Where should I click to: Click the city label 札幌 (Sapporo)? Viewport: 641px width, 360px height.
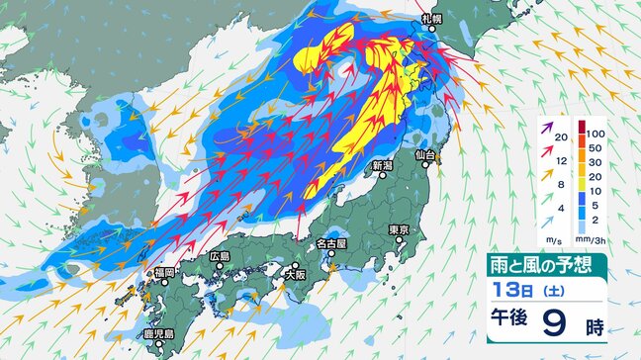(x=430, y=19)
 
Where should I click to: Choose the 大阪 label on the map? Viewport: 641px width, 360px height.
(x=294, y=264)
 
